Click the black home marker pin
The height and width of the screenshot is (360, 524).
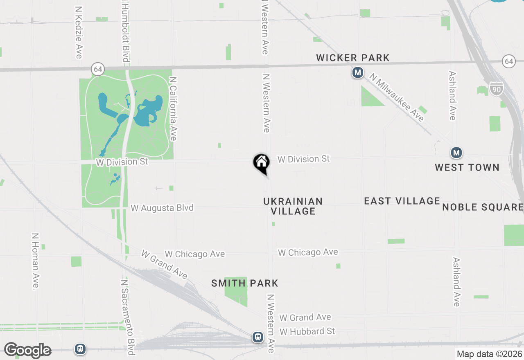[x=261, y=163]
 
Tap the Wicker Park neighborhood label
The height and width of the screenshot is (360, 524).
[x=353, y=58]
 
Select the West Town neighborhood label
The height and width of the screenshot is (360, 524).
[x=467, y=167]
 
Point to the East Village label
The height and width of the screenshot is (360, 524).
[x=402, y=201]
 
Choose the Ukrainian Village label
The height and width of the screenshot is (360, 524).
[x=293, y=206]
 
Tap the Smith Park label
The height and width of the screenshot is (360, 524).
[x=245, y=283]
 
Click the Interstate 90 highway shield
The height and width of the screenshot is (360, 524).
[x=496, y=88]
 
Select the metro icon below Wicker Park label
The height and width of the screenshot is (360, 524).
[x=358, y=73]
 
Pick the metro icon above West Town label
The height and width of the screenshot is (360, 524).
[x=456, y=153]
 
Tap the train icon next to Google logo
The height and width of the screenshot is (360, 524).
[x=80, y=349]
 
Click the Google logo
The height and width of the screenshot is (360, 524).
[x=27, y=351]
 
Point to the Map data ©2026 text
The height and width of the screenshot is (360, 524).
[x=489, y=354]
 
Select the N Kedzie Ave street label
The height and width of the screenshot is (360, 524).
[x=79, y=32]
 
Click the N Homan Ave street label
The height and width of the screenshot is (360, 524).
[x=36, y=262]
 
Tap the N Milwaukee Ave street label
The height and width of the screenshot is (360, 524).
[x=397, y=97]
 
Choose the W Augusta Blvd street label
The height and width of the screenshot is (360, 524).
[x=162, y=208]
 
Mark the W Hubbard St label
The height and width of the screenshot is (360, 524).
[x=307, y=331]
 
